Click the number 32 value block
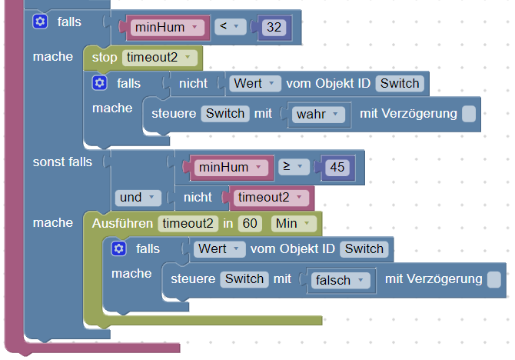(x=273, y=28)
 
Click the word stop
(x=105, y=57)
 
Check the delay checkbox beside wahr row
(x=469, y=114)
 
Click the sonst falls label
(x=62, y=162)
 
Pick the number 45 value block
(x=337, y=167)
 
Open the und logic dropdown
(x=138, y=197)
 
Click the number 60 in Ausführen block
(x=249, y=223)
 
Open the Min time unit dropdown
(x=293, y=223)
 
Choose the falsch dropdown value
(x=338, y=280)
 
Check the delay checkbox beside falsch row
(x=494, y=279)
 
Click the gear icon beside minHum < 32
(x=40, y=22)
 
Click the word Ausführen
(x=122, y=223)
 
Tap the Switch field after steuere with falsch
(x=244, y=279)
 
